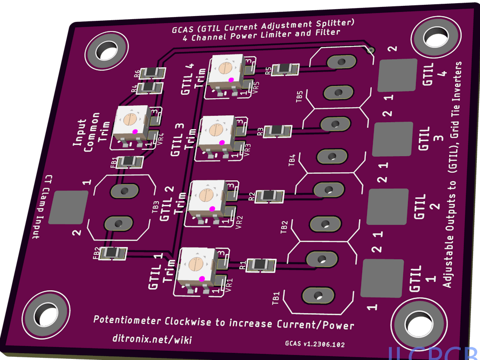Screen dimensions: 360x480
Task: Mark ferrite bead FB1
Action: pos(130,162)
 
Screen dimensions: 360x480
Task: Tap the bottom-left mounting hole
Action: pos(45,315)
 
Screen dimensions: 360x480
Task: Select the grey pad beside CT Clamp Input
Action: pos(69,207)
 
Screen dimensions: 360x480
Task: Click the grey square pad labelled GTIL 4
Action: pos(397,75)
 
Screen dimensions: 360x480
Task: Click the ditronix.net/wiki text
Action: pos(152,339)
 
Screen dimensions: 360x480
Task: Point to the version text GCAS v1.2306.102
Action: pos(315,345)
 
